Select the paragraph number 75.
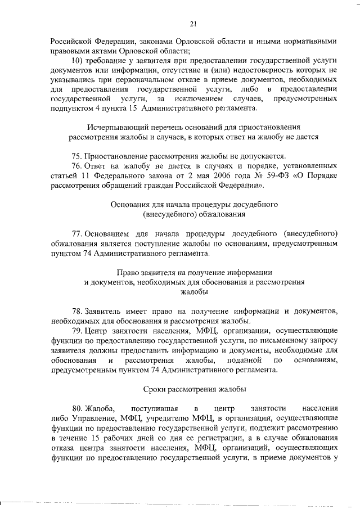click(78, 156)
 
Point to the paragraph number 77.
click(78, 233)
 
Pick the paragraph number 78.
click(78, 311)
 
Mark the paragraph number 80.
click(78, 408)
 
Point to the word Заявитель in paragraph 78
click(105, 311)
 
